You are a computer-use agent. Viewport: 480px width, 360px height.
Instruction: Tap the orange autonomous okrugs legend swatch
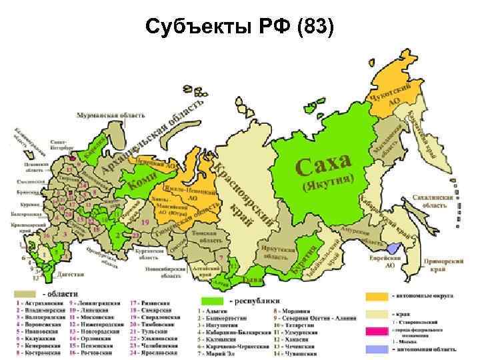[376, 295]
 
